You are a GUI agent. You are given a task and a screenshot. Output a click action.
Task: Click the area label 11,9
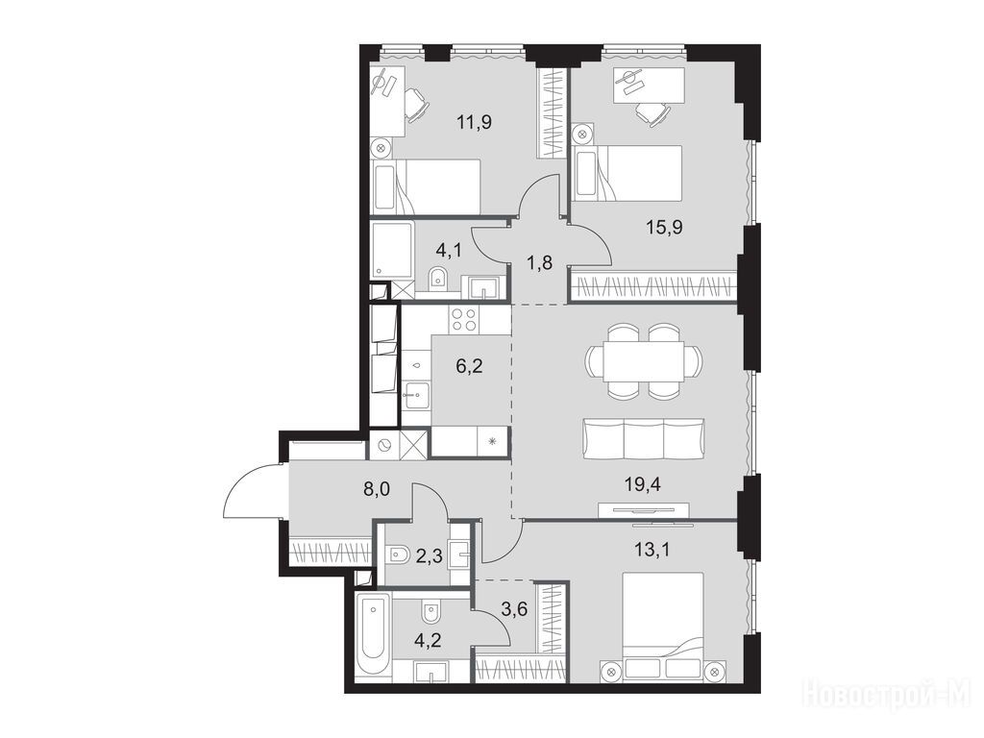(475, 122)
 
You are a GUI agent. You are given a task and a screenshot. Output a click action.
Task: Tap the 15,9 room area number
(665, 227)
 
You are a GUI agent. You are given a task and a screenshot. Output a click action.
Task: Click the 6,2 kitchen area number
(469, 365)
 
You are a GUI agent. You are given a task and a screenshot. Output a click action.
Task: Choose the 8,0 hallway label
(377, 489)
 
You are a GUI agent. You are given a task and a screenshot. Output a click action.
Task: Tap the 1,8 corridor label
(539, 262)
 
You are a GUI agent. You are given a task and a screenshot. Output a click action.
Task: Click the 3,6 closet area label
(514, 608)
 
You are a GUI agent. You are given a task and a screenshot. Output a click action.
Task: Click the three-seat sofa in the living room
(644, 438)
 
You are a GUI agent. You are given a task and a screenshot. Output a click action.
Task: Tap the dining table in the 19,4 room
(644, 361)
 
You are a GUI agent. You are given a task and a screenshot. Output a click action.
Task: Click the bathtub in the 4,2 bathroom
(372, 637)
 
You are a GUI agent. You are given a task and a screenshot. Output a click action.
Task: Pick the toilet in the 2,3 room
(398, 554)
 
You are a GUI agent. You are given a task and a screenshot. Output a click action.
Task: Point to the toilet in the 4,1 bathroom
(438, 279)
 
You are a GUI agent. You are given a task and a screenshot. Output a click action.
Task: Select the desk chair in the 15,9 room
(652, 114)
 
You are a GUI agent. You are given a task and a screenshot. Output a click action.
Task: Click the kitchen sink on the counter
(415, 395)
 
